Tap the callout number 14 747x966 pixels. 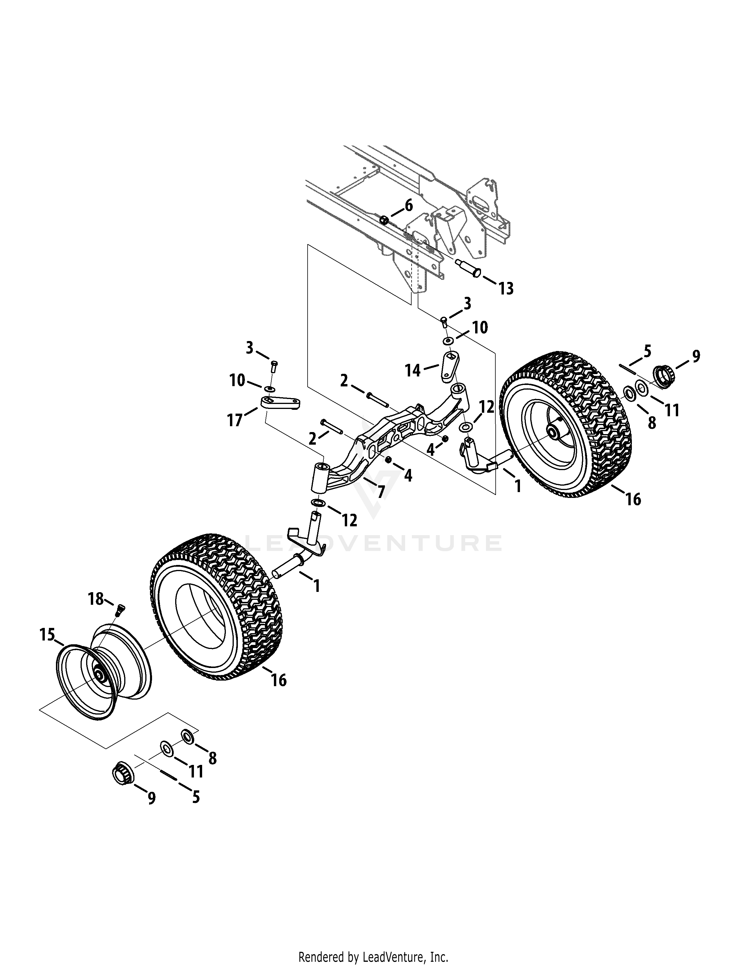[413, 370]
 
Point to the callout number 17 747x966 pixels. [235, 419]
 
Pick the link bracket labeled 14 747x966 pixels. [451, 366]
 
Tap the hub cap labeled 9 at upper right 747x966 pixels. [664, 377]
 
